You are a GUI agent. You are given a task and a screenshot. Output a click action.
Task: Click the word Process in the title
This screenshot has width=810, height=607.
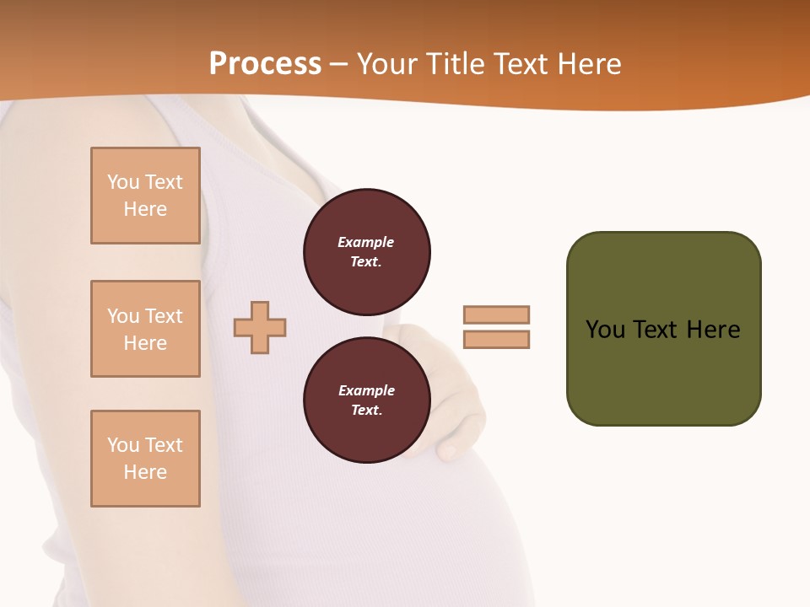[265, 64]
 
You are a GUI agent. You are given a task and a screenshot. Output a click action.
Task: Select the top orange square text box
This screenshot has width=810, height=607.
[145, 196]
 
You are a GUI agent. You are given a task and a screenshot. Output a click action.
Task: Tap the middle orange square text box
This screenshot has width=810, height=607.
[145, 329]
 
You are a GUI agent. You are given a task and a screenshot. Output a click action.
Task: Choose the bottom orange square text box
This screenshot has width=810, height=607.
[145, 459]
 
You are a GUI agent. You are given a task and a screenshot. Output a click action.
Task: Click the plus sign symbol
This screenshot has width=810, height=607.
[260, 327]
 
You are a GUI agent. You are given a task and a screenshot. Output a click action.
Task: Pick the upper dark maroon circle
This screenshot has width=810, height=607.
[366, 252]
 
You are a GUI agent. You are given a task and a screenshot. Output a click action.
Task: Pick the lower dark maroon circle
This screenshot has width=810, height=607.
[366, 400]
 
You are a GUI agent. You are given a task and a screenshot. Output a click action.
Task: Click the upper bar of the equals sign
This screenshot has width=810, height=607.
[496, 314]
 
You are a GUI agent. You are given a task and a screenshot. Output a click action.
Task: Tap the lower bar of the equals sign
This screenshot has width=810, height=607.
[496, 340]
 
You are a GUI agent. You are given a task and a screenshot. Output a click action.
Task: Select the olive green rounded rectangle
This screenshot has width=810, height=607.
[663, 329]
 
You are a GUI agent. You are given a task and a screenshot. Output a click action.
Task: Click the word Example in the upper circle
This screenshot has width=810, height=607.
[365, 242]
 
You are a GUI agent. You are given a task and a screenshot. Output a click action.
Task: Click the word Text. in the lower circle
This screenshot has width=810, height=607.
[366, 411]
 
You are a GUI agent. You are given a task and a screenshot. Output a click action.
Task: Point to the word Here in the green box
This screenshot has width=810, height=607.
[713, 330]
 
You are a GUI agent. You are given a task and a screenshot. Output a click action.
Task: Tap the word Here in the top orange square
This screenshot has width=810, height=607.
[145, 209]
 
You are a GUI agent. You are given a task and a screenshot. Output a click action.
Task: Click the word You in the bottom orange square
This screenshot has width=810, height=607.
[122, 445]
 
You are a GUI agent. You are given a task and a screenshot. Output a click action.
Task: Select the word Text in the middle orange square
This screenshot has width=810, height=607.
[164, 316]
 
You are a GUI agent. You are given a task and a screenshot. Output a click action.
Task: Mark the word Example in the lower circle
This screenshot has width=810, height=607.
[366, 390]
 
